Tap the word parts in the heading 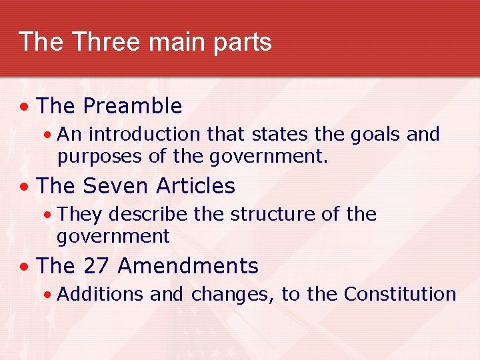click(243, 43)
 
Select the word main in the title click(174, 41)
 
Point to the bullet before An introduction click(47, 135)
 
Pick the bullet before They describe click(47, 215)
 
